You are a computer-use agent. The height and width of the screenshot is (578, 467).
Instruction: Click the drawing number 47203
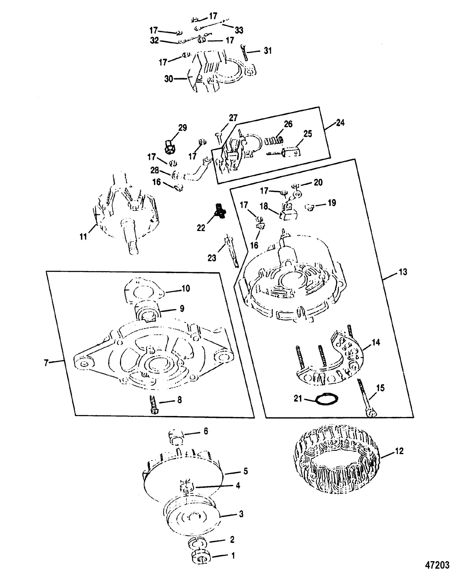click(x=437, y=564)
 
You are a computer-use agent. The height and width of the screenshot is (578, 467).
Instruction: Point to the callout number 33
click(x=239, y=30)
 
